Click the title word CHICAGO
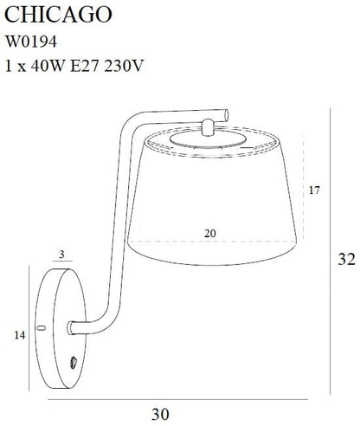click(x=58, y=15)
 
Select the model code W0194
click(x=31, y=42)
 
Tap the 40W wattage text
click(x=48, y=66)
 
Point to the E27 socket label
click(x=85, y=66)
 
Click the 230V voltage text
click(x=124, y=66)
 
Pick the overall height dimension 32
click(x=346, y=259)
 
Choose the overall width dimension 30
click(x=160, y=414)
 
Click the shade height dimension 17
click(x=314, y=190)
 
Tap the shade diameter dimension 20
click(x=209, y=233)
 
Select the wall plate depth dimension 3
click(x=61, y=255)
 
